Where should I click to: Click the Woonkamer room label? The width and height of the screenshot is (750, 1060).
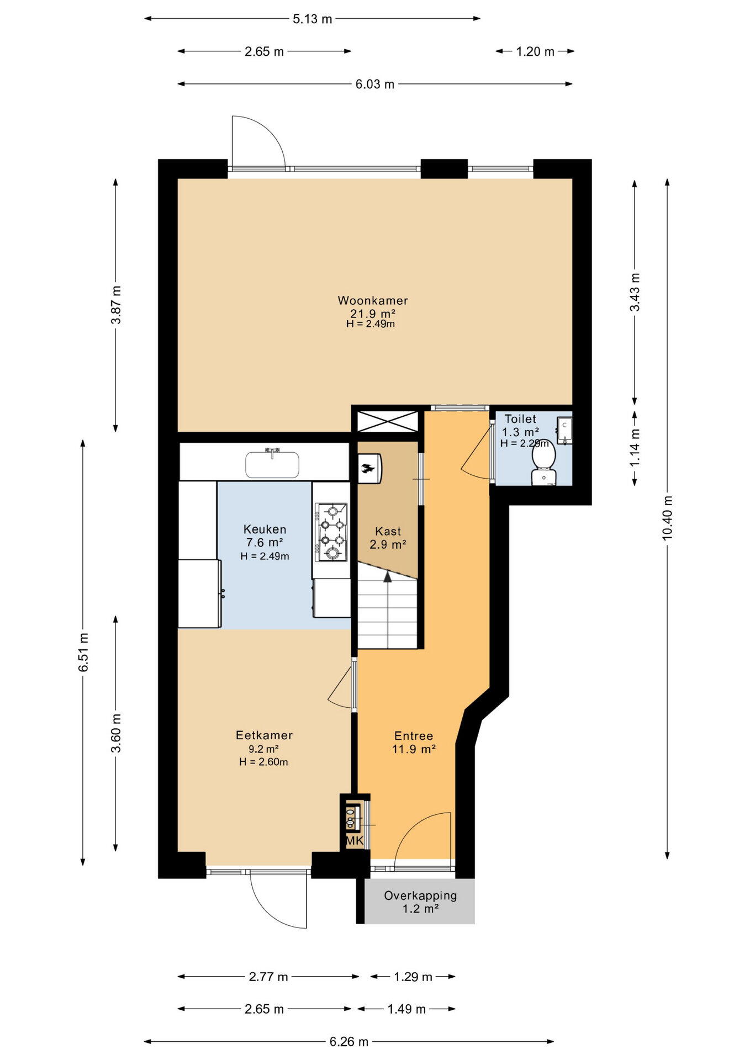pyautogui.click(x=373, y=301)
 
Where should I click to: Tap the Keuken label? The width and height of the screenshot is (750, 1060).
pyautogui.click(x=265, y=529)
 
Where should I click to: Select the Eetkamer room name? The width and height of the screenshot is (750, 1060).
pyautogui.click(x=264, y=735)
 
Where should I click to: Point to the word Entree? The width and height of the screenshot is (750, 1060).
pyautogui.click(x=414, y=736)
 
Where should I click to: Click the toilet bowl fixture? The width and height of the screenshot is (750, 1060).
pyautogui.click(x=544, y=465)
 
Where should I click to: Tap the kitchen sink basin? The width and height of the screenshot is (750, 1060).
pyautogui.click(x=272, y=464)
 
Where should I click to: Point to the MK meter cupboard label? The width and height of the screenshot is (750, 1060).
pyautogui.click(x=355, y=841)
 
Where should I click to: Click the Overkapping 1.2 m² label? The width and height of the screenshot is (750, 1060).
pyautogui.click(x=420, y=902)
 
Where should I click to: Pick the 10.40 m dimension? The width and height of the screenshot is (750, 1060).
pyautogui.click(x=668, y=518)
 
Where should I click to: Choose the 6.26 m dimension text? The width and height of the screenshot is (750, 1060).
pyautogui.click(x=349, y=1042)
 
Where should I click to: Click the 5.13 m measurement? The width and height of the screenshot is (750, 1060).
pyautogui.click(x=313, y=19)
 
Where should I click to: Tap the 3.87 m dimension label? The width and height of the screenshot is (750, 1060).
pyautogui.click(x=115, y=305)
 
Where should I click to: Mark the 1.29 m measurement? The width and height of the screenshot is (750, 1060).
pyautogui.click(x=413, y=977)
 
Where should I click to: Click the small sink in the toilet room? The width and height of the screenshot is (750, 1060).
pyautogui.click(x=564, y=431)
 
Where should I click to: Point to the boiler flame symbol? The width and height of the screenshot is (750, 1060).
pyautogui.click(x=366, y=469)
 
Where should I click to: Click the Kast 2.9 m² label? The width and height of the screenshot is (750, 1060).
pyautogui.click(x=388, y=538)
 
